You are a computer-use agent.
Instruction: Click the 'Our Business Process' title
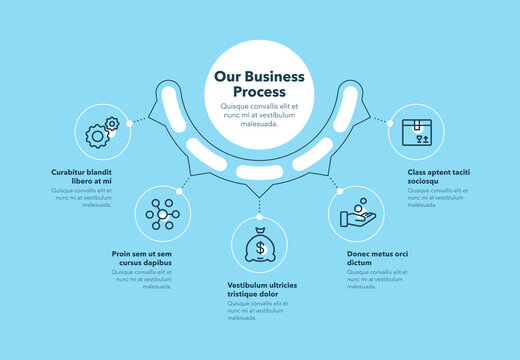point(260,83)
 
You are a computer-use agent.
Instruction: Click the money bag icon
point(260,246)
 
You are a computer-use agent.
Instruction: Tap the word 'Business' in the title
point(277,75)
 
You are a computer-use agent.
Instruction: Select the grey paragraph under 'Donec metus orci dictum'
point(378,282)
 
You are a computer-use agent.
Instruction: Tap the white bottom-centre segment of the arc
point(260,173)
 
